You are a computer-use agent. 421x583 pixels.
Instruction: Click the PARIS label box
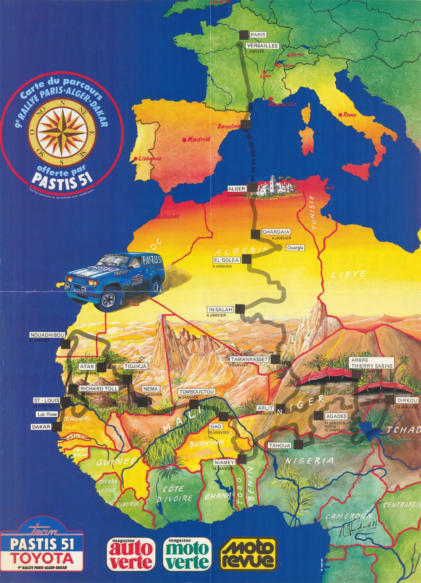click(258, 35)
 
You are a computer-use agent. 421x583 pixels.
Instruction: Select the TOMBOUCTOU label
click(196, 392)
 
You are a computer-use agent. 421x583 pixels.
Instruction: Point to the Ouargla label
click(295, 248)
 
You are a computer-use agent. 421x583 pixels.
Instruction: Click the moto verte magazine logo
click(187, 554)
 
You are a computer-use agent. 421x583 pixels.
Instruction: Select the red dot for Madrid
click(185, 140)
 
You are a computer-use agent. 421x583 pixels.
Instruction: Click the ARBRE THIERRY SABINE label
click(372, 363)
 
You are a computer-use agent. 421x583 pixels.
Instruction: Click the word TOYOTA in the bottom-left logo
click(42, 558)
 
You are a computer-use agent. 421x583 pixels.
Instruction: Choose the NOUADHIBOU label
click(47, 335)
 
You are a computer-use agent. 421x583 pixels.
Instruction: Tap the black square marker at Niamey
click(243, 458)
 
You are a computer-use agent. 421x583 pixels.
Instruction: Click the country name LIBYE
click(348, 274)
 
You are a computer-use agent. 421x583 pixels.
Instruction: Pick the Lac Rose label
click(47, 414)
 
